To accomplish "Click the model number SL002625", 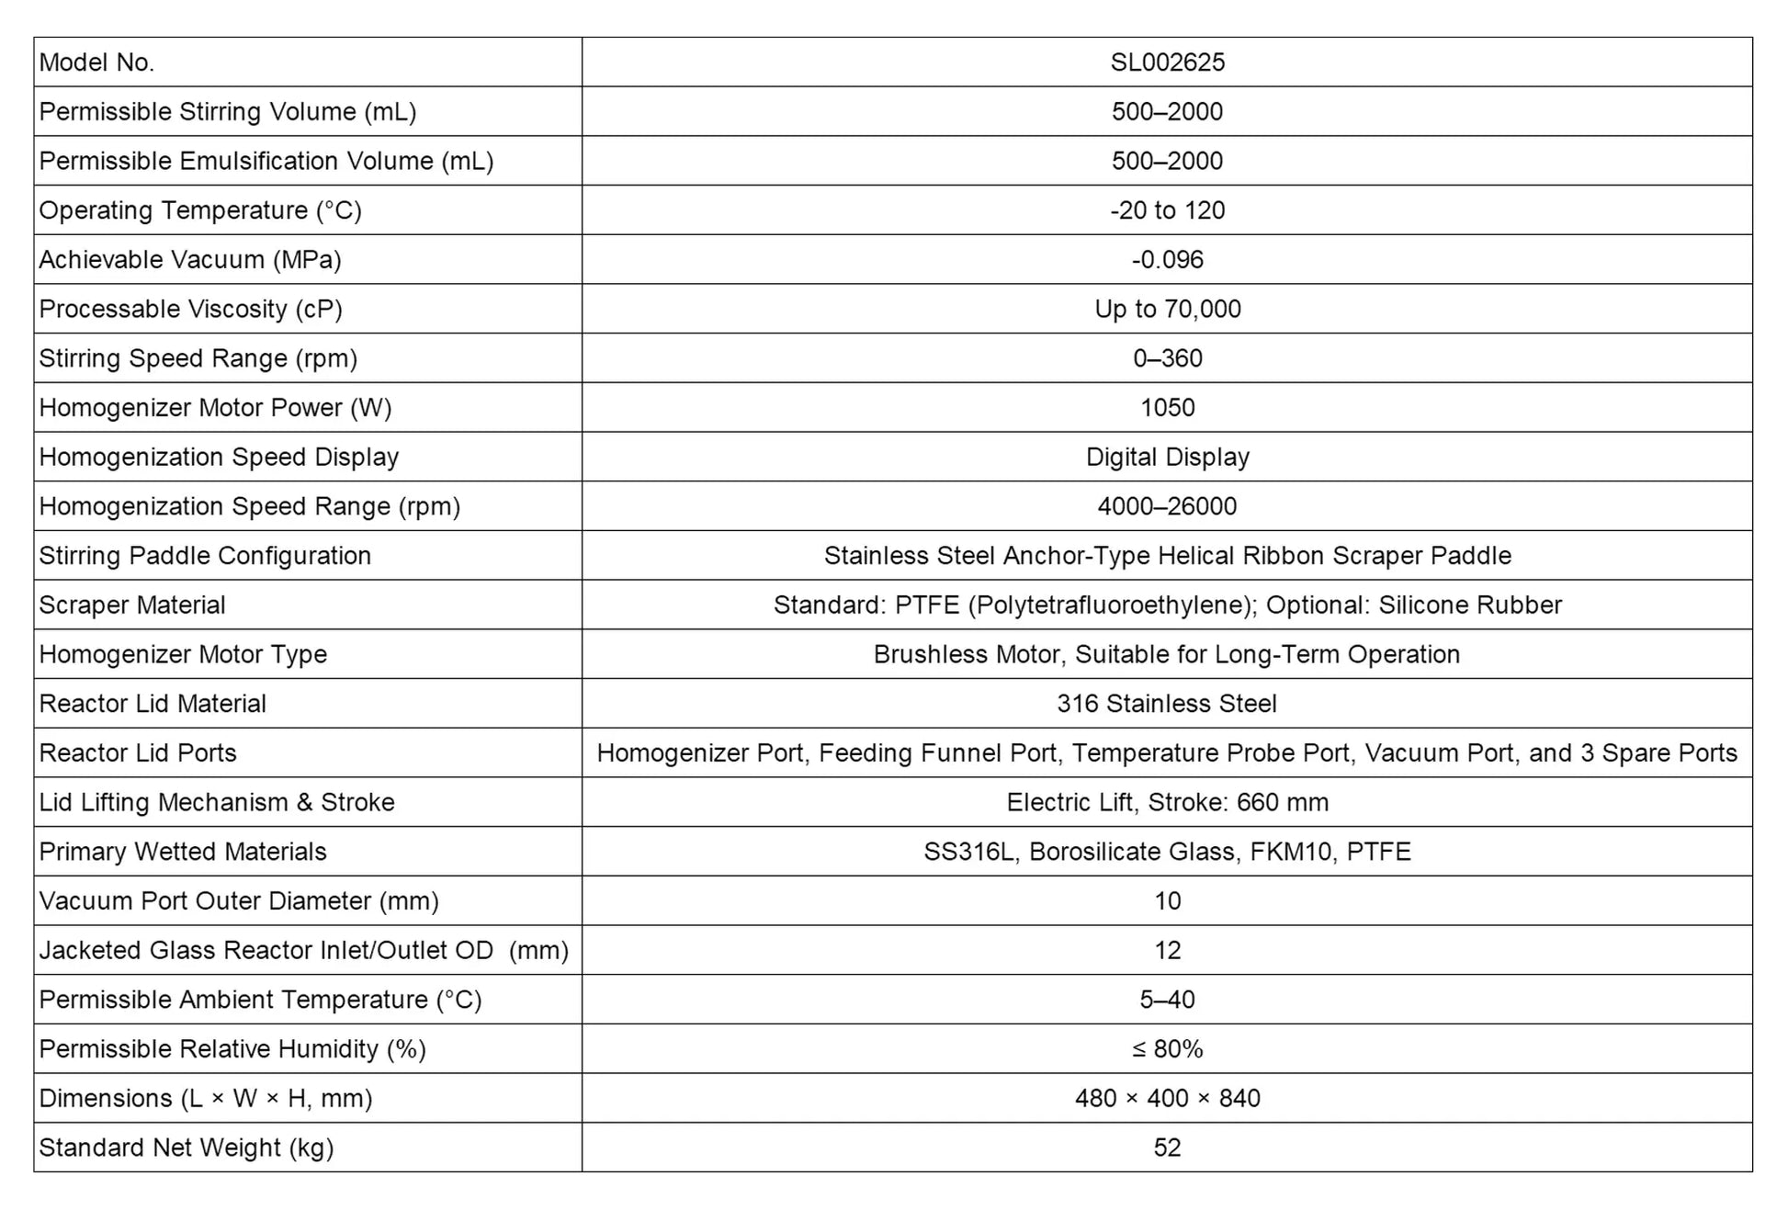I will click(x=1167, y=62).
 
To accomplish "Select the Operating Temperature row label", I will click(x=200, y=210).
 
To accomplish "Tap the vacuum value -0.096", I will click(x=1167, y=260).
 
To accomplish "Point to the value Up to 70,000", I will click(x=1167, y=309).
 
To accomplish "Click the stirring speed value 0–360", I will click(x=1167, y=358).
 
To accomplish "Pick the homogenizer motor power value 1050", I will click(x=1167, y=408).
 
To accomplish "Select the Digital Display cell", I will click(x=1167, y=458).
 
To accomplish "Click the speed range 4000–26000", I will click(x=1167, y=506).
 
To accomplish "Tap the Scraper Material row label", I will click(x=132, y=605).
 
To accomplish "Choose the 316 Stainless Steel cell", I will click(x=1167, y=704).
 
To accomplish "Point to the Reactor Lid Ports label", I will click(x=138, y=753).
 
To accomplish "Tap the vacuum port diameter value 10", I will click(x=1167, y=901).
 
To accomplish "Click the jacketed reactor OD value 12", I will click(x=1167, y=951).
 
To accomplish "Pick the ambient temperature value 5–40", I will click(x=1167, y=1000).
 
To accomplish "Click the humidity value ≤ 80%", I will click(x=1167, y=1049).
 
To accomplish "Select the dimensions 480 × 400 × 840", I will click(x=1167, y=1099).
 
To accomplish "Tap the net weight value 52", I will click(x=1167, y=1148).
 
